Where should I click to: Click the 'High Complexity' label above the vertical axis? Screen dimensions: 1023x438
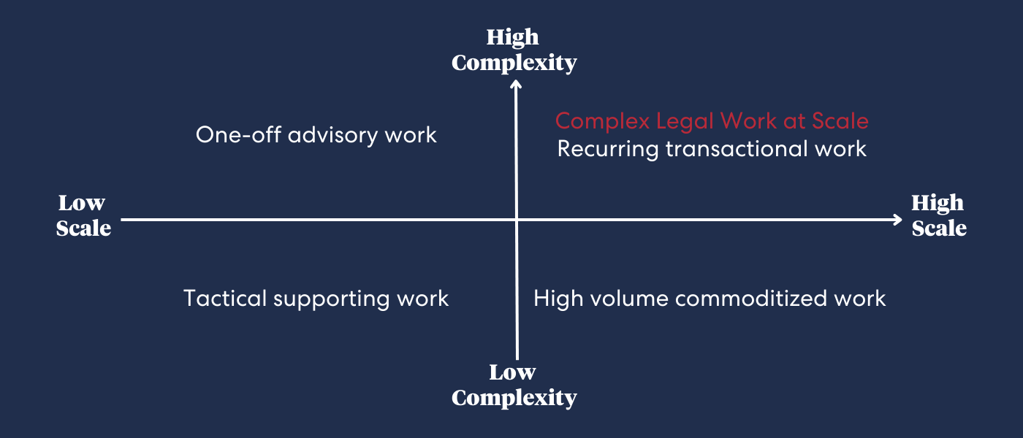tap(514, 50)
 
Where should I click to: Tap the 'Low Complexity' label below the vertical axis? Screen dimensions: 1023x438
tap(514, 385)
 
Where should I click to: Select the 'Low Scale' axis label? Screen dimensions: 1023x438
tap(83, 216)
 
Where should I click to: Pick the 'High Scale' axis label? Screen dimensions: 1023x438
tap(939, 216)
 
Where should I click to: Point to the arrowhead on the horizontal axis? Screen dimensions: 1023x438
tap(898, 220)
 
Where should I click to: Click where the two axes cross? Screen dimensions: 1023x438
tap(517, 220)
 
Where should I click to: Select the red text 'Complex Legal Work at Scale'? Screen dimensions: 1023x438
tap(712, 121)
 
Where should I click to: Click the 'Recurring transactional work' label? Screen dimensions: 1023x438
tap(712, 149)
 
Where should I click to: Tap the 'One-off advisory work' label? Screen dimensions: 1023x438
tap(316, 135)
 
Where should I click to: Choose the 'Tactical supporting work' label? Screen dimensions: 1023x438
tap(316, 299)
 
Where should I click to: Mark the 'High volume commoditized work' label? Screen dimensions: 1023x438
tap(710, 299)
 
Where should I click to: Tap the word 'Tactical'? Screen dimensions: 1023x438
tap(225, 299)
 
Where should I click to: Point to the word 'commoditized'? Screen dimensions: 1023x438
tap(750, 299)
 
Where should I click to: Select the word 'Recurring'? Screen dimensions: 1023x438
tap(608, 150)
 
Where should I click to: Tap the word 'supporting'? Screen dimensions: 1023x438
tap(332, 300)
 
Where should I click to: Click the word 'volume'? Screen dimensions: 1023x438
tap(629, 299)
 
